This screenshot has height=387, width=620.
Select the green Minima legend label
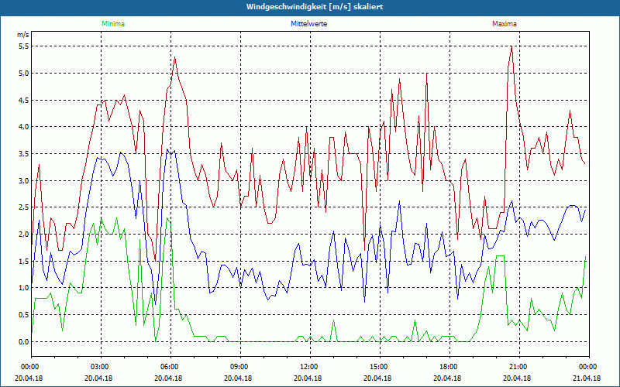click(112, 24)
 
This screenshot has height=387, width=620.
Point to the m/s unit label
click(22, 35)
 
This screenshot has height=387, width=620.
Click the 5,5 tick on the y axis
click(23, 46)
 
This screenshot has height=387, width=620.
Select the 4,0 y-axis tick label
click(23, 127)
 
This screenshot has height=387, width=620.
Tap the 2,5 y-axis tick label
click(23, 207)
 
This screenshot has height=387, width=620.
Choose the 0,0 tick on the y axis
click(23, 341)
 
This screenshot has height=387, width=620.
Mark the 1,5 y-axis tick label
click(23, 261)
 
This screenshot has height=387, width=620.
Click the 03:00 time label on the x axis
click(100, 366)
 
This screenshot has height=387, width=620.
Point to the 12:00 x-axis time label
click(309, 366)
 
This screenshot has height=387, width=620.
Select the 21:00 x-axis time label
click(518, 366)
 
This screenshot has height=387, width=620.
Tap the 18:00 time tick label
click(449, 366)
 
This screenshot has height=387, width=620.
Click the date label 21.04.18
click(587, 378)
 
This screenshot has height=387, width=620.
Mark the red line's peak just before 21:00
click(511, 46)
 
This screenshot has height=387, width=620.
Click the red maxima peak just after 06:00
click(175, 57)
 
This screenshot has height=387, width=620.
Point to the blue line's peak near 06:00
click(167, 149)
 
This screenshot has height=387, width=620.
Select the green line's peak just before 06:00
click(167, 218)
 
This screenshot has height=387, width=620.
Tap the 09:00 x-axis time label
click(239, 366)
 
